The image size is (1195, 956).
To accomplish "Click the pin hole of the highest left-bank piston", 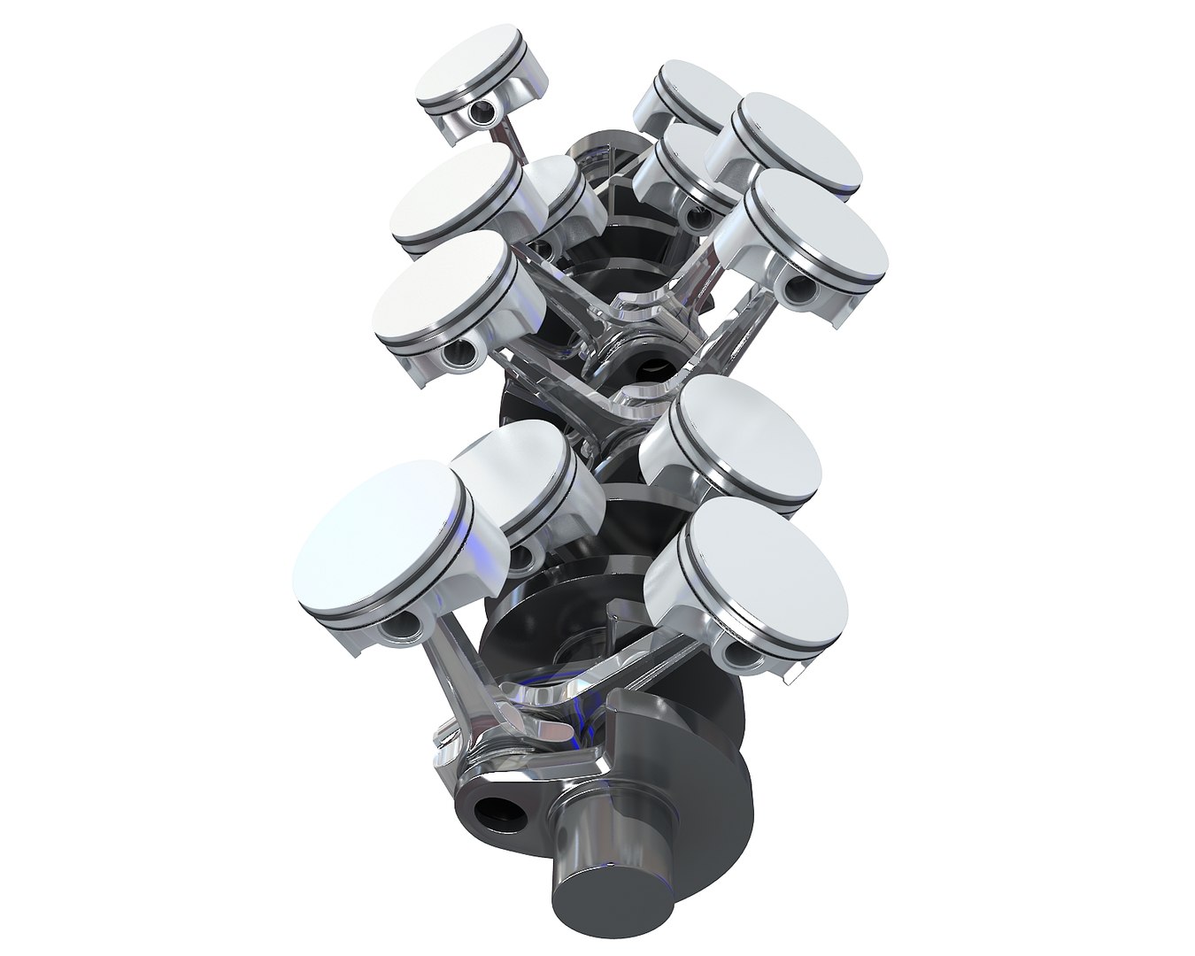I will coord(482,112).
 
